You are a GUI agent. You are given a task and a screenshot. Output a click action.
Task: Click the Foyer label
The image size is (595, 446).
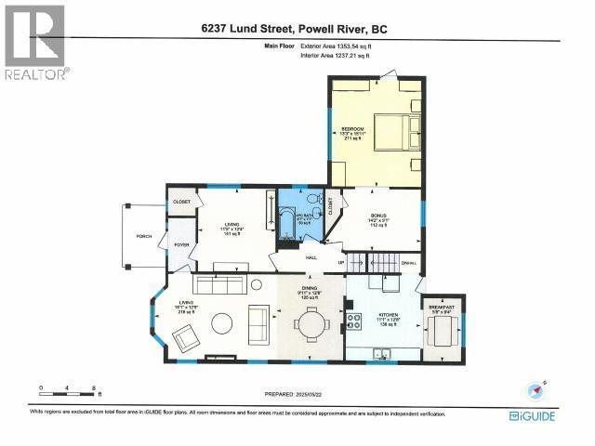coord(181,245)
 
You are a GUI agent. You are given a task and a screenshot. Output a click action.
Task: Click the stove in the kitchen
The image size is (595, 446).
coord(354,322)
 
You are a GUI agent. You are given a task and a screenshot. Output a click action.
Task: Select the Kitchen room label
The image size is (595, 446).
coord(388,319)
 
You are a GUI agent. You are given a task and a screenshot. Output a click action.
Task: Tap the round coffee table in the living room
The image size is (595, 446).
coord(222,323)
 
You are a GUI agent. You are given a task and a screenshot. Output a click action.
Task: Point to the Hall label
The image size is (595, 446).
coord(312,257)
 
